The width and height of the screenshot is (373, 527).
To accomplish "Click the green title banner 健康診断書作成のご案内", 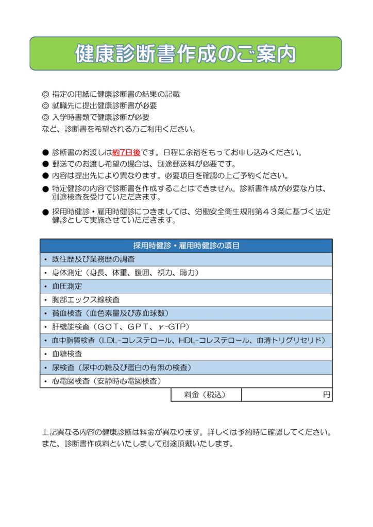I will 185,54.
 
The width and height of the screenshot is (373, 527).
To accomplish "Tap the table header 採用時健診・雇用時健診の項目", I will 186,245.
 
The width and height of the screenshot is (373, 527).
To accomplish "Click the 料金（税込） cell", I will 205,395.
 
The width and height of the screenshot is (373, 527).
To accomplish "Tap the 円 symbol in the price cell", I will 326,395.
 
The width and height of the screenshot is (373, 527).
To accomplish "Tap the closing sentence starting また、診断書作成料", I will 138,443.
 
